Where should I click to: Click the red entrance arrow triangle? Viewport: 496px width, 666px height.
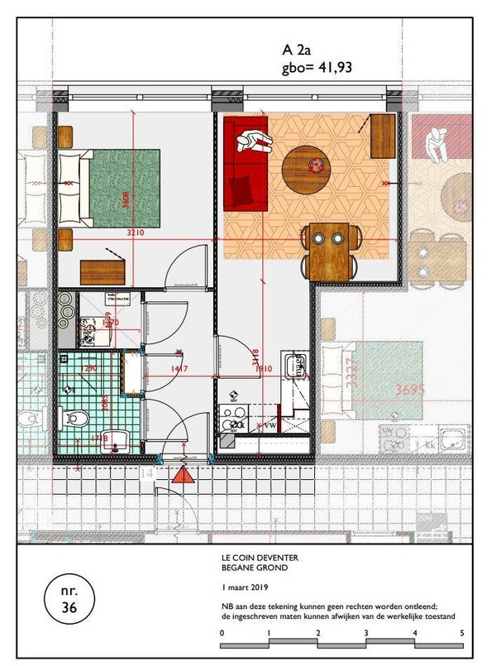coord(183,474)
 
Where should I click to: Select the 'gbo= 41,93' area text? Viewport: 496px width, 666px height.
coord(317,68)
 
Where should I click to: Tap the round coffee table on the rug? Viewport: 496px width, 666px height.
coord(306,168)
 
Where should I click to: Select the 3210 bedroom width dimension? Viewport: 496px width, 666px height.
coord(136,233)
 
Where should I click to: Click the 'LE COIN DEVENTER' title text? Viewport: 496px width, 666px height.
coord(255,558)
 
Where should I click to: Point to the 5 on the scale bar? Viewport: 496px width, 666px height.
coord(462,633)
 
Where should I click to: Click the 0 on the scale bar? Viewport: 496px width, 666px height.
coord(222,633)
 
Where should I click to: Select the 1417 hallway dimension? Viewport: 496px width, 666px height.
coord(179,368)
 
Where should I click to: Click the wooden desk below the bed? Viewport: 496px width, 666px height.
coord(103,271)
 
